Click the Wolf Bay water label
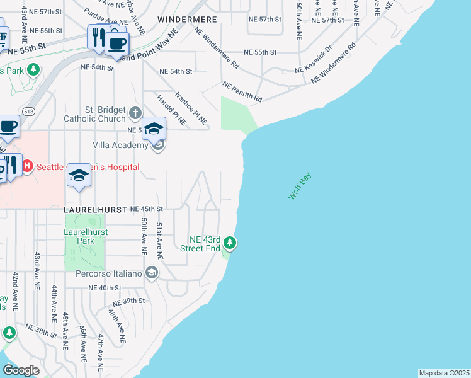300,188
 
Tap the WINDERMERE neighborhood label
188,20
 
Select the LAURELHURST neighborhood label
94,208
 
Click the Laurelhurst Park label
86,236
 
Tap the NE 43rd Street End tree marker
230,243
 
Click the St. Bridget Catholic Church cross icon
135,113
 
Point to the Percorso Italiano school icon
151,273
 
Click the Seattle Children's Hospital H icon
27,167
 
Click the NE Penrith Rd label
242,91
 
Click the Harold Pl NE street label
172,110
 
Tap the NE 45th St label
147,209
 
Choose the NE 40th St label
105,287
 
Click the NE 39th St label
128,301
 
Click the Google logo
21,370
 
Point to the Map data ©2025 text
444,373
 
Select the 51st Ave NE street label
160,241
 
